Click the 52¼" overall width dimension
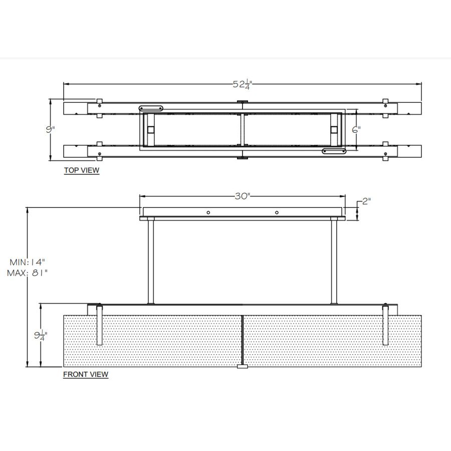242,85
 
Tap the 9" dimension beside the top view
50,129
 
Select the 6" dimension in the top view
356,130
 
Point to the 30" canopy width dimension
243,196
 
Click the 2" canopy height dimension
366,201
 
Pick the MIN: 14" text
28,262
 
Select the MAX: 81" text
28,273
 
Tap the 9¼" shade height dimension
41,335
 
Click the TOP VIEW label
82,170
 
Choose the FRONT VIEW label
86,374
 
